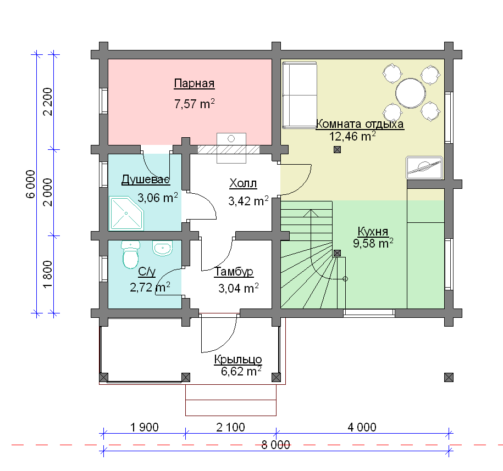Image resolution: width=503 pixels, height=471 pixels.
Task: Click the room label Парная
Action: tap(194, 83)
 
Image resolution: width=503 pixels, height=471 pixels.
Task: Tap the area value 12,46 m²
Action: tap(352, 136)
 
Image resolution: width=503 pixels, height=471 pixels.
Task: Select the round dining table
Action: tap(411, 93)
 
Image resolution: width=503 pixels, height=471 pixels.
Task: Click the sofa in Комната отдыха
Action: tap(299, 95)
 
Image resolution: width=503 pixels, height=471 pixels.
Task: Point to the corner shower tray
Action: tap(126, 214)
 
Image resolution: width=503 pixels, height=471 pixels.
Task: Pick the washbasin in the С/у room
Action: tap(162, 248)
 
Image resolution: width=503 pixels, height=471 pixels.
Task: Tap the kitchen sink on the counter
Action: tap(424, 167)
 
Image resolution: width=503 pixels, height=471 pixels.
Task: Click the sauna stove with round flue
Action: tap(231, 148)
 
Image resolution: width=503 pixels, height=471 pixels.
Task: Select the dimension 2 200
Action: tap(47, 102)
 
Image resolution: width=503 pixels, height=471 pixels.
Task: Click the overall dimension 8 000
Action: tap(275, 445)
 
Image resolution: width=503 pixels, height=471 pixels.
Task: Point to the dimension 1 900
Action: tap(145, 428)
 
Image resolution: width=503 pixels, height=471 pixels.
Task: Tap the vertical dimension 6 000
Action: tap(30, 184)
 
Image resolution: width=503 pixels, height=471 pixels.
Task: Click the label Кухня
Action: tap(373, 231)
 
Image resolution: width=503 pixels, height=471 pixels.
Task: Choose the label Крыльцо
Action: tap(238, 360)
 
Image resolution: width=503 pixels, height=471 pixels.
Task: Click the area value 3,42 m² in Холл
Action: tap(248, 201)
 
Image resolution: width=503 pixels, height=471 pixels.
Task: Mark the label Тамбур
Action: tap(234, 272)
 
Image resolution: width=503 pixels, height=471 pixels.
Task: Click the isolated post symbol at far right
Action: tap(449, 378)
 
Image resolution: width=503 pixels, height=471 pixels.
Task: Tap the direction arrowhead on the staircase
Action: tap(311, 214)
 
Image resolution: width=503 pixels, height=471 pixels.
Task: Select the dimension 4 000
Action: tap(362, 428)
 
